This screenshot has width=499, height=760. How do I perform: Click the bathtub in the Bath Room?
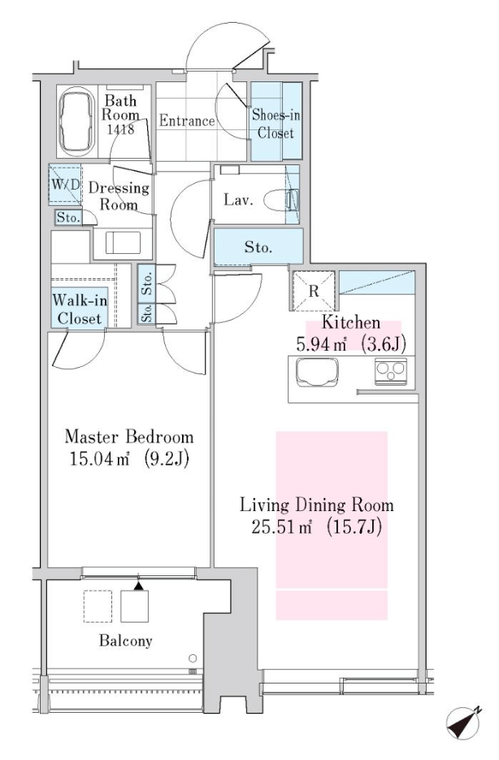coord(77,122)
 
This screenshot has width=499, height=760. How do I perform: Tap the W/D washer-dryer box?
coord(65,186)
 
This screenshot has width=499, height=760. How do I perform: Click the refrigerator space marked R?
coord(314,290)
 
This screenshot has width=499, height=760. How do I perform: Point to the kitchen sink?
coord(317,372)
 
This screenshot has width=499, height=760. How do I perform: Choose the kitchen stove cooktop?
coord(390,372)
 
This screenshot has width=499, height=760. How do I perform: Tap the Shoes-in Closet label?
coord(276,124)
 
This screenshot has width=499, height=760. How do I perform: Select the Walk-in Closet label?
coord(80,309)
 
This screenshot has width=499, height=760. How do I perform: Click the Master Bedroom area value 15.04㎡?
coord(100,458)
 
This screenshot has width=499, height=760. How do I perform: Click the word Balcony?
coord(126,640)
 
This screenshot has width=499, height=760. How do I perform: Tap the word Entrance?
coord(187,120)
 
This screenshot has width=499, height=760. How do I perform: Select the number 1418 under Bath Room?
coord(120,129)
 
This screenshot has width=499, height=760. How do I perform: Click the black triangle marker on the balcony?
coord(139,586)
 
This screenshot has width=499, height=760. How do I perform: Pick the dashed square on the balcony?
coord(98,606)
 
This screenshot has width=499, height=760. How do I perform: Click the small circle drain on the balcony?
coord(193,658)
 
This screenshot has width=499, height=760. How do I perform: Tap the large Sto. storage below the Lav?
coord(258,247)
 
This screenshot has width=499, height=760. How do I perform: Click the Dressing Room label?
coord(119,196)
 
